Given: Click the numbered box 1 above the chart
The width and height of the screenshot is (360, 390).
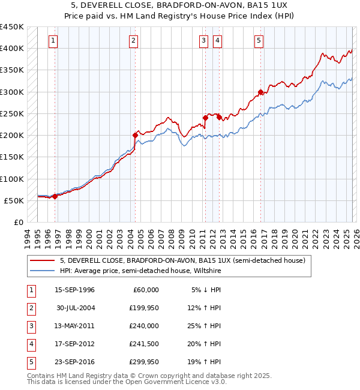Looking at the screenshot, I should (54, 41).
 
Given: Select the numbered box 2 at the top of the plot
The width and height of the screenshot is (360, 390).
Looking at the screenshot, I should (133, 41).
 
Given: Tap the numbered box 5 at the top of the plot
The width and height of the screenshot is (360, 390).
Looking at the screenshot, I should (259, 41).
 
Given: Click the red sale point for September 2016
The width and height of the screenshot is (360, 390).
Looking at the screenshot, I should (260, 92).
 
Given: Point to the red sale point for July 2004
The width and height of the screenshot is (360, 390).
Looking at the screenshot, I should (136, 136).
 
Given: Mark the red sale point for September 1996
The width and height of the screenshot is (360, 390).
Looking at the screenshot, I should (55, 196).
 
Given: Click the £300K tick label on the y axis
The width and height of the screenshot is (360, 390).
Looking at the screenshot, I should (12, 92).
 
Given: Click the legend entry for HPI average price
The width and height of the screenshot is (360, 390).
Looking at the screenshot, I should (140, 271).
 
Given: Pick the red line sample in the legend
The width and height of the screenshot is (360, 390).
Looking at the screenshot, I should (43, 260).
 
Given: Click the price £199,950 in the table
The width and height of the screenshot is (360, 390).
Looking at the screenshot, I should (143, 308).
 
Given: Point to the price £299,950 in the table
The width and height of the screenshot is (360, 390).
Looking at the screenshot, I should (143, 362).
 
